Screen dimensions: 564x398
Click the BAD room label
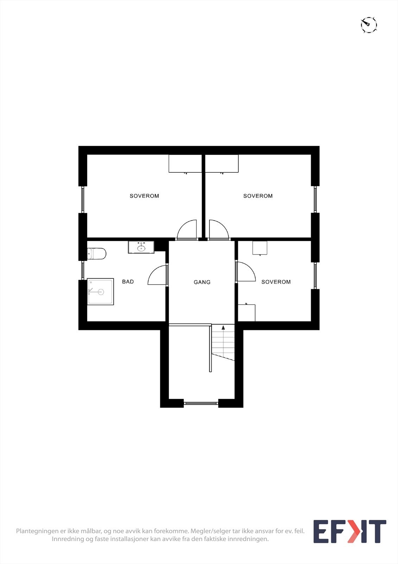coord(128,282)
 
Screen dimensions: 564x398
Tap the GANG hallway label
coord(202,282)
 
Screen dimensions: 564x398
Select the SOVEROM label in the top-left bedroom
coord(144,196)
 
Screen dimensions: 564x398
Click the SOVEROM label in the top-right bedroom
coord(258,196)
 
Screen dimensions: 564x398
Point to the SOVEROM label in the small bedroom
coord(276,282)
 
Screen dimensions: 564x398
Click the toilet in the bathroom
coord(97,253)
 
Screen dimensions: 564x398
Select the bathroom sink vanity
coord(141,247)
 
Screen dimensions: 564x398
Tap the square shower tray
coord(100,292)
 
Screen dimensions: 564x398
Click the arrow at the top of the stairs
coord(223,328)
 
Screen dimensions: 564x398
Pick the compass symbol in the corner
coord(369,25)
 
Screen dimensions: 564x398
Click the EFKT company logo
coord(349,532)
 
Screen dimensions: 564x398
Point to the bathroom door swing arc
coord(157,276)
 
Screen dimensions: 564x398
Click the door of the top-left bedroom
coord(187,230)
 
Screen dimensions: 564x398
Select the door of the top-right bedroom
coord(219,230)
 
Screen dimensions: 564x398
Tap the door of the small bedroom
coord(245,272)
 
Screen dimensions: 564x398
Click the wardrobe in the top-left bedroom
coord(185,164)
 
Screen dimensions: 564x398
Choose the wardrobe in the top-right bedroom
coord(222,164)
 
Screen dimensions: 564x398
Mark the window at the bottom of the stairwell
coord(201,403)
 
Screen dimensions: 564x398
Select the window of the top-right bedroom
coord(315,199)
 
